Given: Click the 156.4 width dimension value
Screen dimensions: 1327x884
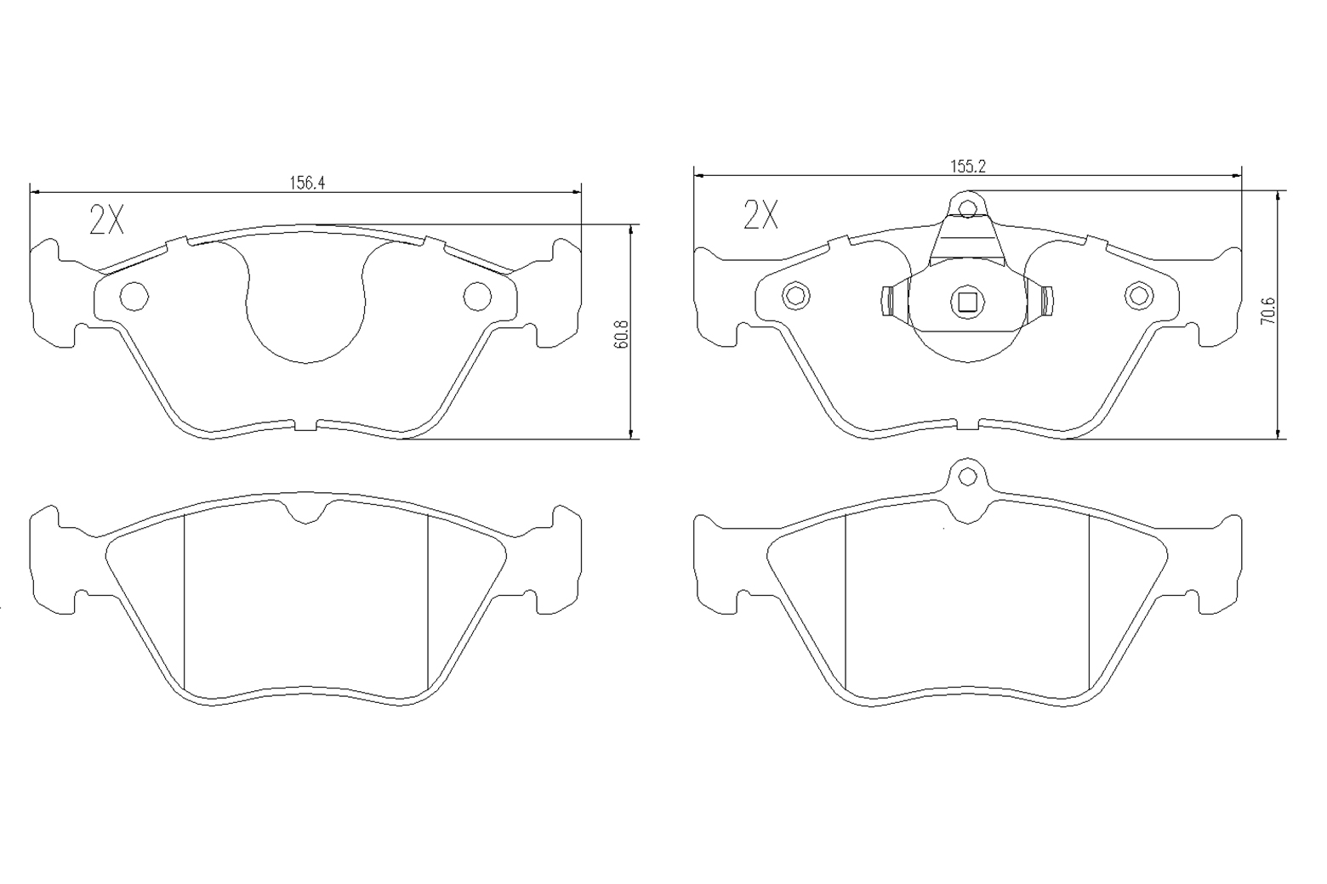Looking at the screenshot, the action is [x=307, y=183].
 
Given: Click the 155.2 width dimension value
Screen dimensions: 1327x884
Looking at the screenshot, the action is [x=967, y=167].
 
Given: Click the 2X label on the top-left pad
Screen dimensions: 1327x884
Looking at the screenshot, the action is [x=106, y=219].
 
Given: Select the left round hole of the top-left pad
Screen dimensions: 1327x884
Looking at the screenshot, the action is [x=134, y=296].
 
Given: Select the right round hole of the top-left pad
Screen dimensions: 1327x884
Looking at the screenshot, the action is [x=477, y=296].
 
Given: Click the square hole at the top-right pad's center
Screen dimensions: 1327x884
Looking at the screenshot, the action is [x=967, y=302].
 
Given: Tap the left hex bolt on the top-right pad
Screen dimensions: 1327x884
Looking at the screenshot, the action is [x=796, y=296].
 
